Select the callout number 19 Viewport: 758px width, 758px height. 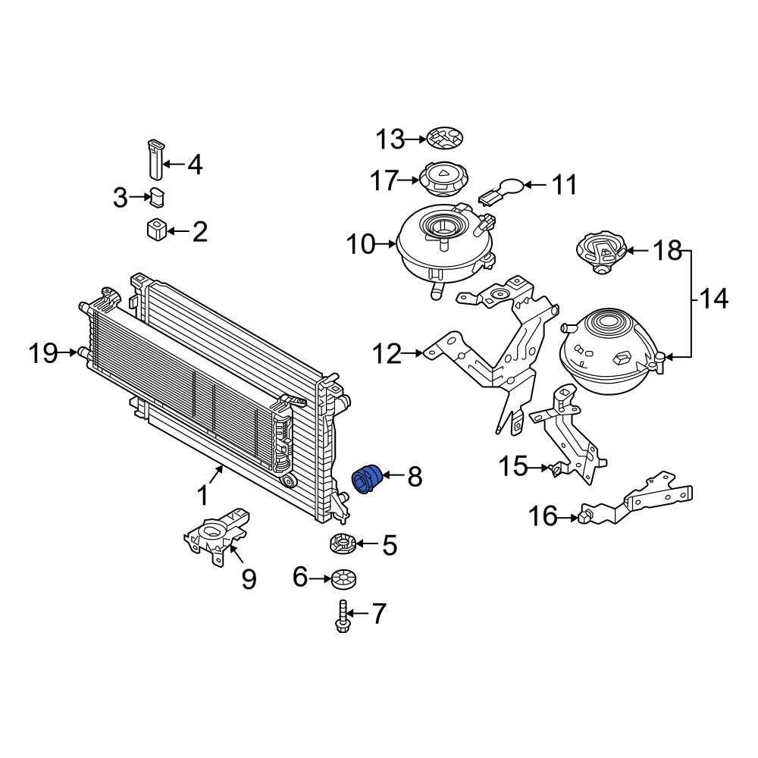(x=43, y=353)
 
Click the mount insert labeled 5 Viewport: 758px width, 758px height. (x=343, y=543)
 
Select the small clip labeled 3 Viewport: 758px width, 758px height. (x=158, y=197)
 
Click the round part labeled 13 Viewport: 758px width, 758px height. (x=444, y=139)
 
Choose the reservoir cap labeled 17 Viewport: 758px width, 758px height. (x=443, y=180)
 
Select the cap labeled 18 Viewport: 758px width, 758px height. (x=603, y=254)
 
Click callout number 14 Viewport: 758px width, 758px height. (x=713, y=299)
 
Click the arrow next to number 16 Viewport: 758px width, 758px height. (x=568, y=518)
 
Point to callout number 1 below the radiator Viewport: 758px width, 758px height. (x=202, y=496)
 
